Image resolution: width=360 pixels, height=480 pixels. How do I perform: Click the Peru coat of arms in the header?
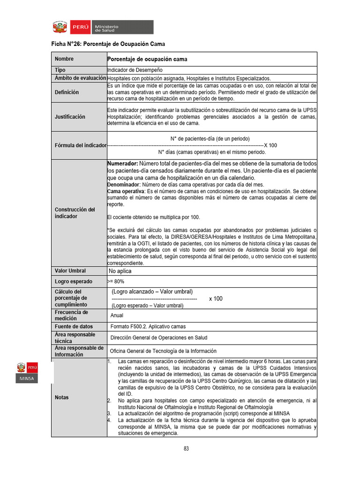60,27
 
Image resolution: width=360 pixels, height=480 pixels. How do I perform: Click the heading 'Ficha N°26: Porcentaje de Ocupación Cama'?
108,44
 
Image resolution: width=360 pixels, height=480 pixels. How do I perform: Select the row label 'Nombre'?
64,59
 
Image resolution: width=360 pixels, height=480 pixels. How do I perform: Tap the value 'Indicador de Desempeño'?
135,70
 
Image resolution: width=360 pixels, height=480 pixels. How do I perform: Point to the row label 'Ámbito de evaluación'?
79,78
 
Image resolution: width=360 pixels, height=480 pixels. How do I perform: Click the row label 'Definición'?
67,92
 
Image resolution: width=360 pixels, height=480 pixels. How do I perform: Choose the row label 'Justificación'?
70,116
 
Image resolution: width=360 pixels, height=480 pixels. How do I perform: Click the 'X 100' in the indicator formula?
270,145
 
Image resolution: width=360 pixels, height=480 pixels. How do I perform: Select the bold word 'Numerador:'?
122,164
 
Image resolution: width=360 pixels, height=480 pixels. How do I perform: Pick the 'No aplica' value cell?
120,271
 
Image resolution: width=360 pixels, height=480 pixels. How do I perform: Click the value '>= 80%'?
116,281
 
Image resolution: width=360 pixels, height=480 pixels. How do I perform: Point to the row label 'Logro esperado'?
73,281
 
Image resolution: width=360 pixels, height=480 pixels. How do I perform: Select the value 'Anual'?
117,315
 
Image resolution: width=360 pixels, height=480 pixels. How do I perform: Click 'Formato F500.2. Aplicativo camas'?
148,326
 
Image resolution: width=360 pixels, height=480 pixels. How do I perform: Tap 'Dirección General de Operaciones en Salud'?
158,337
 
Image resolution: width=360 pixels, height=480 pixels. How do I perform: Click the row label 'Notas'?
61,397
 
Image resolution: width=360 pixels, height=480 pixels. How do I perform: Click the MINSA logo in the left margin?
27,373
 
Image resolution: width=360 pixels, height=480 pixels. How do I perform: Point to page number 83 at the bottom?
186,449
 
